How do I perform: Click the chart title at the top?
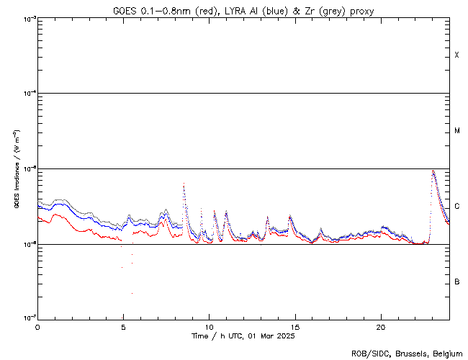[x=243, y=11]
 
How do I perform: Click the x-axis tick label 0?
[x=37, y=326]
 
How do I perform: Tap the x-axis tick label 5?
[x=123, y=326]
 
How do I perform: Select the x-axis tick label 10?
[x=209, y=326]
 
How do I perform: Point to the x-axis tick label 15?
[x=294, y=326]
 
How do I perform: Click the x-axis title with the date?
[x=243, y=336]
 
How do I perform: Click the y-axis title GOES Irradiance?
[x=16, y=169]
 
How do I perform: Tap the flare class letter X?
[x=457, y=55]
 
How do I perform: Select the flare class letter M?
[x=457, y=131]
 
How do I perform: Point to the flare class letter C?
[x=457, y=207]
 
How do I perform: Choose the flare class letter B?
[x=457, y=282]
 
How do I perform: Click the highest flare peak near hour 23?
[x=433, y=171]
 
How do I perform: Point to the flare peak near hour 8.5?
[x=184, y=184]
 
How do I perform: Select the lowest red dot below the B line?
[x=132, y=293]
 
